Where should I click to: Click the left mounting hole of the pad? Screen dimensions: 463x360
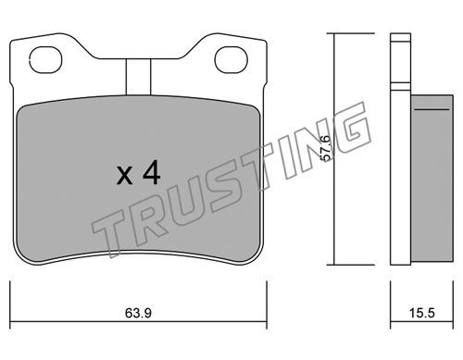click(x=45, y=60)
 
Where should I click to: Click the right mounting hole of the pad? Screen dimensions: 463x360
click(x=231, y=60)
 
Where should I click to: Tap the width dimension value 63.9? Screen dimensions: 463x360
click(x=138, y=314)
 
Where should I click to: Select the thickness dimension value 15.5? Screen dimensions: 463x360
click(x=422, y=314)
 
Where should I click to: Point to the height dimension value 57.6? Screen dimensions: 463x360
click(x=326, y=148)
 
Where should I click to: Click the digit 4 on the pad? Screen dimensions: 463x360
click(x=152, y=174)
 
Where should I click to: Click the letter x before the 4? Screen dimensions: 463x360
click(x=125, y=176)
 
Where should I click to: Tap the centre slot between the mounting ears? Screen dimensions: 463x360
click(x=138, y=77)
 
